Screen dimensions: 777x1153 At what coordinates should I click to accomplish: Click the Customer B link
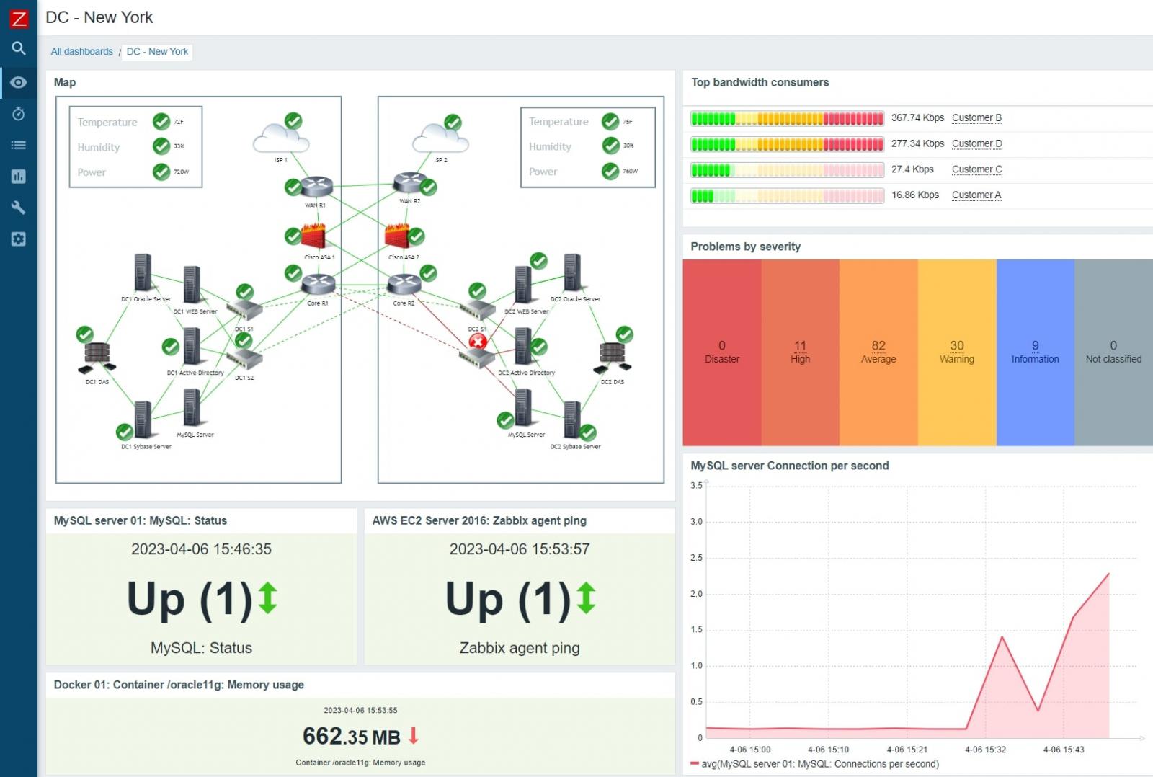(x=976, y=117)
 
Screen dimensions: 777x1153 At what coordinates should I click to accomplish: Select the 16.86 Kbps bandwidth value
(x=914, y=195)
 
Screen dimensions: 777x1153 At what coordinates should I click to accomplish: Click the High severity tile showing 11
(x=800, y=352)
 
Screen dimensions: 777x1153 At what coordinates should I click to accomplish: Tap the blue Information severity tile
(x=1035, y=352)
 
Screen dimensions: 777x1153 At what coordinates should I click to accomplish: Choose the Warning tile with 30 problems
(x=956, y=352)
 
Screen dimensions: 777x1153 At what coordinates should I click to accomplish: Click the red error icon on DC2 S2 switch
(x=478, y=342)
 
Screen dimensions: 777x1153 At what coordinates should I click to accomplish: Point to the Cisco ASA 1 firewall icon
(x=313, y=236)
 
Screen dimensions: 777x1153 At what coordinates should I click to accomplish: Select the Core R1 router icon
(x=318, y=284)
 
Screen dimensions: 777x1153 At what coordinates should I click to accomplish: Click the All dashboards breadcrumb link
(x=81, y=52)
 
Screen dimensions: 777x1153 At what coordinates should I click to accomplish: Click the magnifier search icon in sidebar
(x=19, y=48)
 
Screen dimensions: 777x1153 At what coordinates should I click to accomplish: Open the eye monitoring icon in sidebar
(x=19, y=82)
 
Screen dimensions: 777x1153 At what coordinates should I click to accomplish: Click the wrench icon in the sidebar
(x=19, y=208)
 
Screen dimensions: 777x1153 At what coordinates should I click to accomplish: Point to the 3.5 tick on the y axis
(x=696, y=486)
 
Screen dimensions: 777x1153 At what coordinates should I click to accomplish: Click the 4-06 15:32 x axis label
(x=985, y=750)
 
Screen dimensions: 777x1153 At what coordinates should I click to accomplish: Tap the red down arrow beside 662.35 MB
(x=414, y=735)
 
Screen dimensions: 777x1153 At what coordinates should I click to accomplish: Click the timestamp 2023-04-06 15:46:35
(x=201, y=549)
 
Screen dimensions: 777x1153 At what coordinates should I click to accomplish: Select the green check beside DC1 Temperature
(x=161, y=122)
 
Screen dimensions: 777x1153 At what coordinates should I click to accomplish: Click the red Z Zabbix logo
(x=19, y=18)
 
